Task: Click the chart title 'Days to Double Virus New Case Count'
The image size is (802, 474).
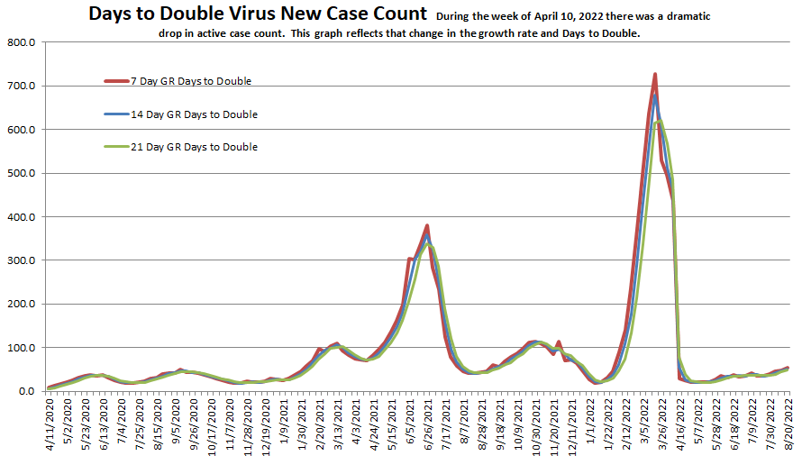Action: click(258, 14)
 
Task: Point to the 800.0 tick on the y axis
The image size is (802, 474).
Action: click(21, 43)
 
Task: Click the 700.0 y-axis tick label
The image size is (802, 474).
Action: click(21, 87)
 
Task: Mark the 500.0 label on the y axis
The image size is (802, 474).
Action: click(21, 174)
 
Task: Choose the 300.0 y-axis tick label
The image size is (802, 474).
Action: click(21, 261)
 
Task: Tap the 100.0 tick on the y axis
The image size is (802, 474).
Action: click(21, 348)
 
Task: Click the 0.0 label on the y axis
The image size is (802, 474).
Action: click(26, 391)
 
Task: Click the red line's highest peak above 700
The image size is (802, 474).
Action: click(655, 74)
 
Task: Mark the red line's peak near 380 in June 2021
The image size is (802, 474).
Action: click(427, 225)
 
